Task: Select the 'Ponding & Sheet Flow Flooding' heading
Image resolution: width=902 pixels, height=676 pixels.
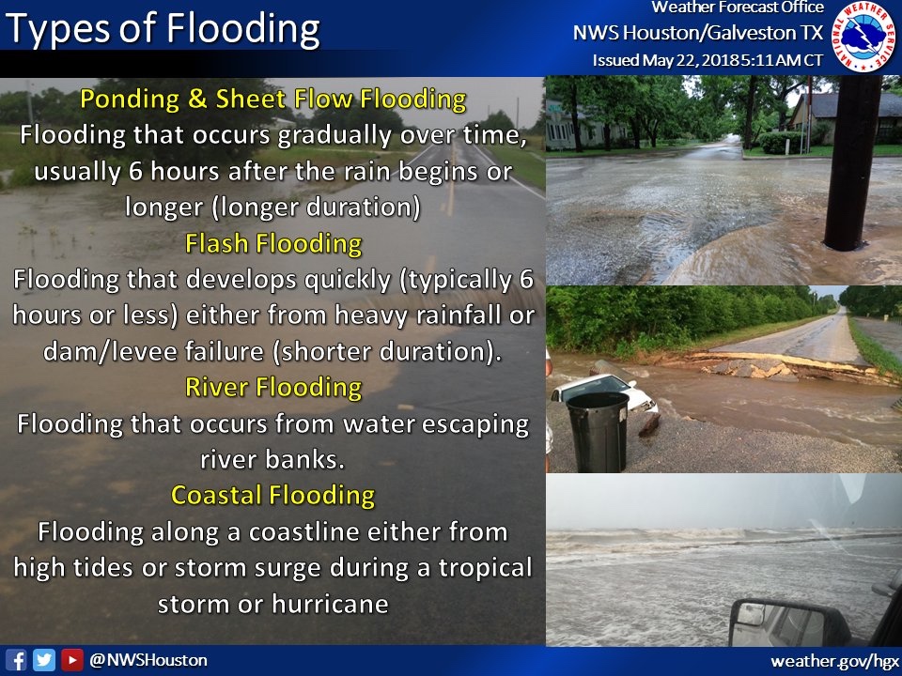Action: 273,99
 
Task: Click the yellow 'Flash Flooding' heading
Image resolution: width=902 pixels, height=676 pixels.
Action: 273,244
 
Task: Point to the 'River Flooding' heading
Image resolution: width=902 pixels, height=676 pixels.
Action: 273,387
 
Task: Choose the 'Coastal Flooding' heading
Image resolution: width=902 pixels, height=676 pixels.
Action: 273,495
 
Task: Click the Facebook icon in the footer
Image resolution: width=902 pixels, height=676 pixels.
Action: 16,660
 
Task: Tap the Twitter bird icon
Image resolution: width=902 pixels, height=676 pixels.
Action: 44,660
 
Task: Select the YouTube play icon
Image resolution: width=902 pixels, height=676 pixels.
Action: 71,660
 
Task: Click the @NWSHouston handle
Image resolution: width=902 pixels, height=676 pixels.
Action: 148,660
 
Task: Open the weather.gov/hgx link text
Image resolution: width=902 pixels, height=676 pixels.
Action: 832,661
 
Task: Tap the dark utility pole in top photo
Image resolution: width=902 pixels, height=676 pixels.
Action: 851,160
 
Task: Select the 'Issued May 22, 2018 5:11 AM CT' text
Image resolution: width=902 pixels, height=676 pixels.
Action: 708,60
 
